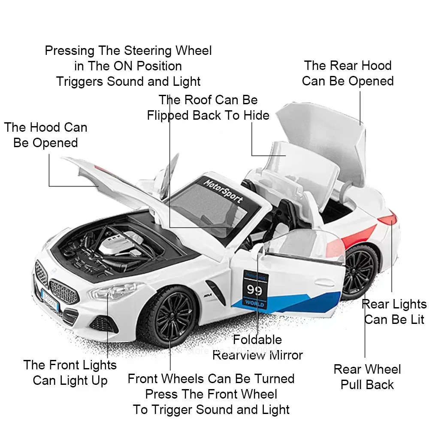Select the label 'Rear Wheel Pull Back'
pyautogui.click(x=367, y=377)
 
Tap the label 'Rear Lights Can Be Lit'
pyautogui.click(x=394, y=312)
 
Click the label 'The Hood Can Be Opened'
pyautogui.click(x=45, y=135)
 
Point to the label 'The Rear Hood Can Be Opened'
pyautogui.click(x=347, y=73)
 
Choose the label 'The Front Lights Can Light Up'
pyautogui.click(x=70, y=372)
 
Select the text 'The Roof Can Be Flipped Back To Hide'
pyautogui.click(x=208, y=108)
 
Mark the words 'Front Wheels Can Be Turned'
pyautogui.click(x=211, y=378)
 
